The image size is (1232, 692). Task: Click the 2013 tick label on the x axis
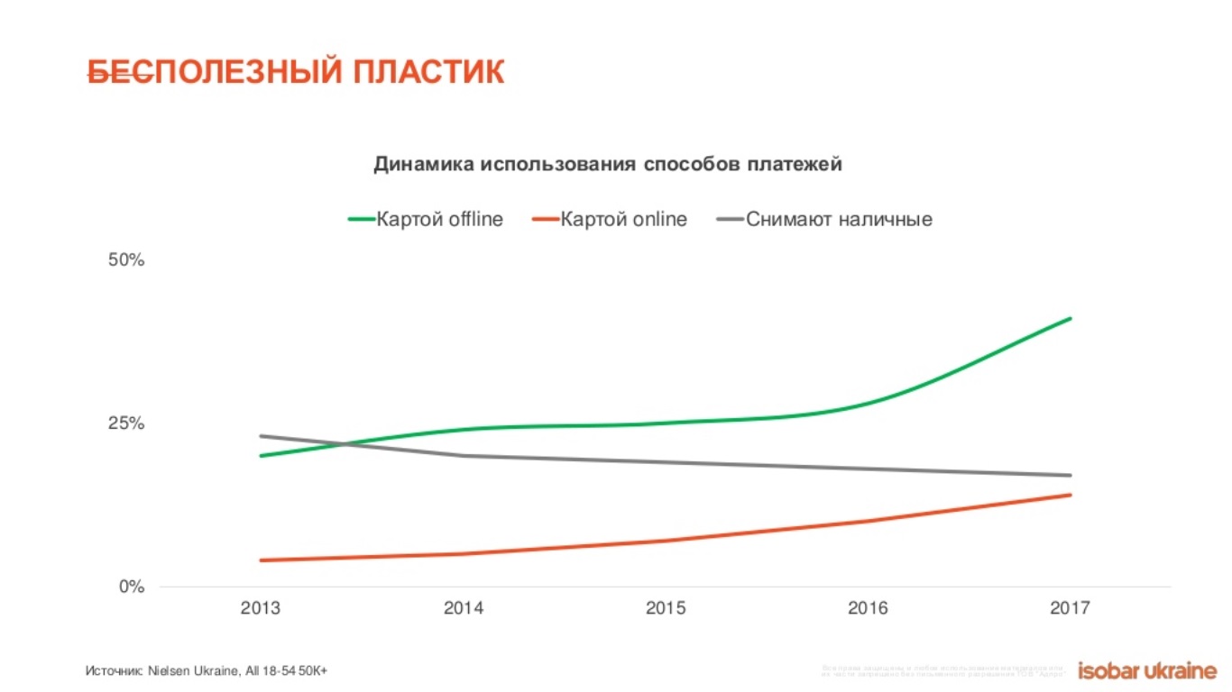(x=260, y=608)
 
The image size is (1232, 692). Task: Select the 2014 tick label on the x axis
(x=463, y=608)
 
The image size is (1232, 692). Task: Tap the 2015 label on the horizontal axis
(x=666, y=608)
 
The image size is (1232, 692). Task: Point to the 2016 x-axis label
(x=868, y=608)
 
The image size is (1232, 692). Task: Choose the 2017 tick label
(x=1070, y=608)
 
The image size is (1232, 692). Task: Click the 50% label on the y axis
(x=126, y=260)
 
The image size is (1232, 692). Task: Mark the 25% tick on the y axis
(x=126, y=423)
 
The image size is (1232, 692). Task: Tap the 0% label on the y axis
(x=132, y=587)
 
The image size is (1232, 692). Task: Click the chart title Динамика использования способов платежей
(x=608, y=164)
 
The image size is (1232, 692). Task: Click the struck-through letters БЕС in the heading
(x=119, y=72)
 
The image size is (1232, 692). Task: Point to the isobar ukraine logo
(x=1147, y=669)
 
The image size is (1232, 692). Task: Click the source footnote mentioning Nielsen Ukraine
(x=206, y=670)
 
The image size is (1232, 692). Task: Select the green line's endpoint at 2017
(x=1071, y=318)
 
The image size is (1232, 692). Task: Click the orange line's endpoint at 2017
(x=1071, y=495)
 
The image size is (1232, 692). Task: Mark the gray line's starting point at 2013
(x=260, y=436)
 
